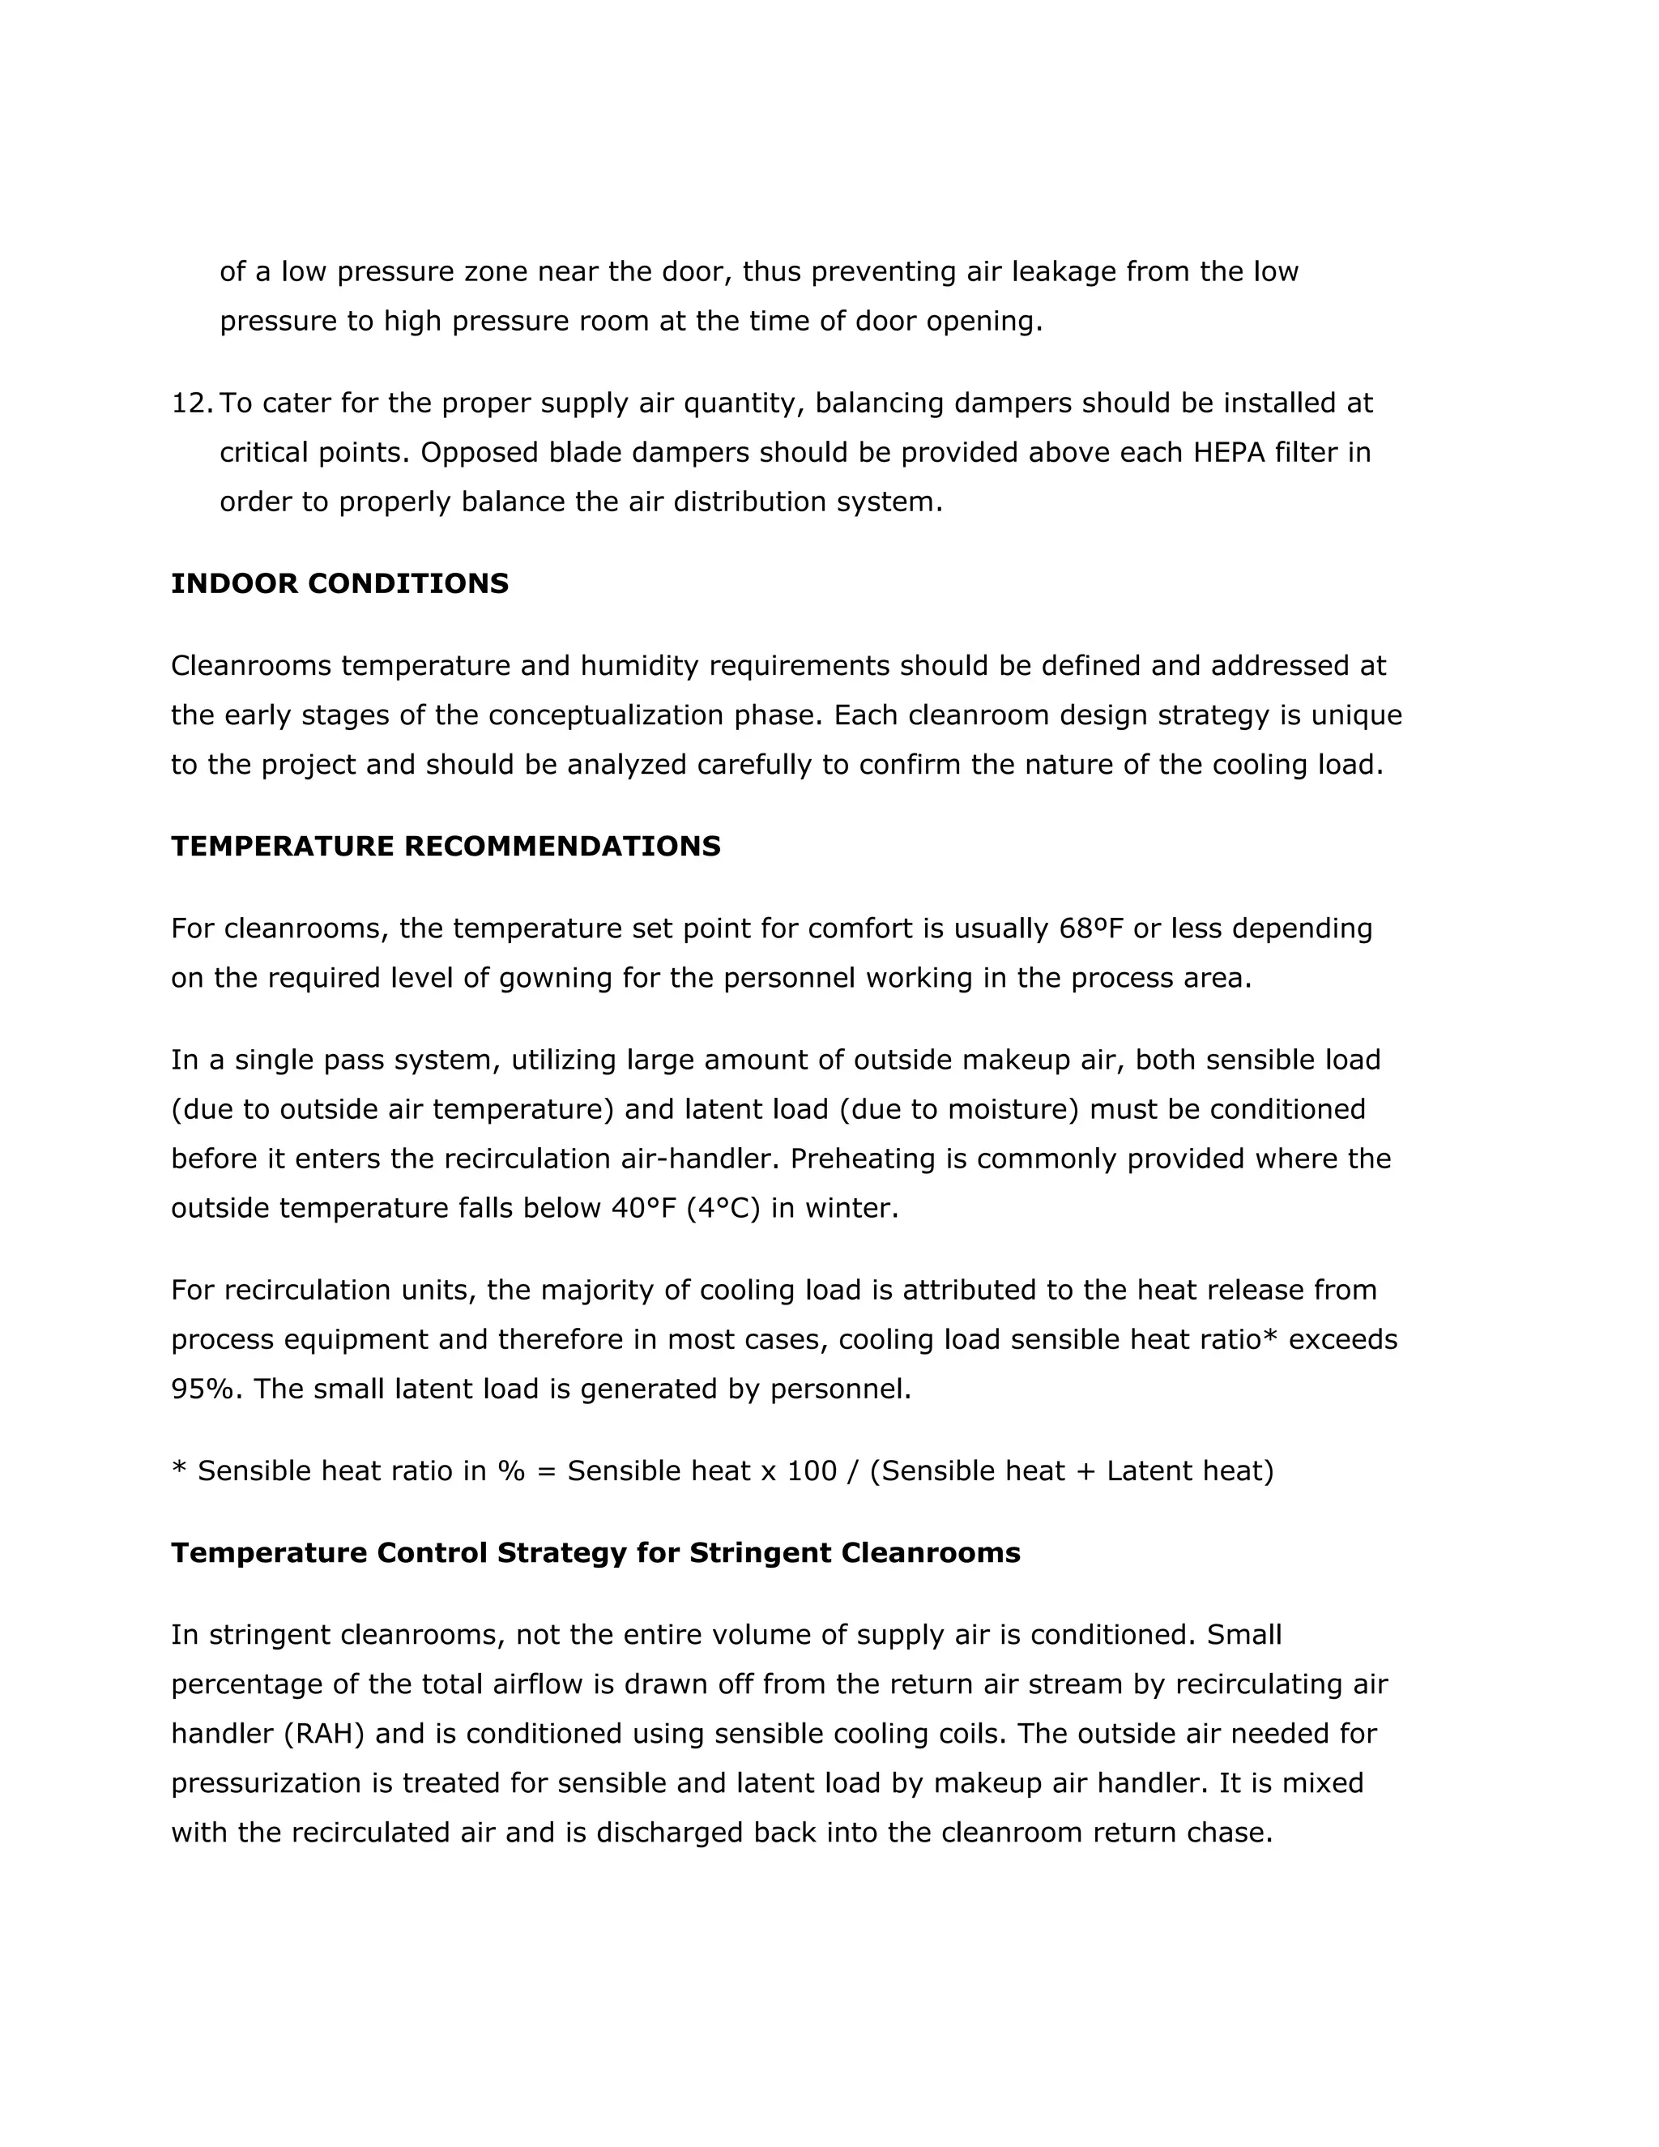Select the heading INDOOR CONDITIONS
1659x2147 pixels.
click(340, 584)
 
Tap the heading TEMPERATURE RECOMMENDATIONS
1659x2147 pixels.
click(446, 847)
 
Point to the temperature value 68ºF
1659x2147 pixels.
click(1092, 928)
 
